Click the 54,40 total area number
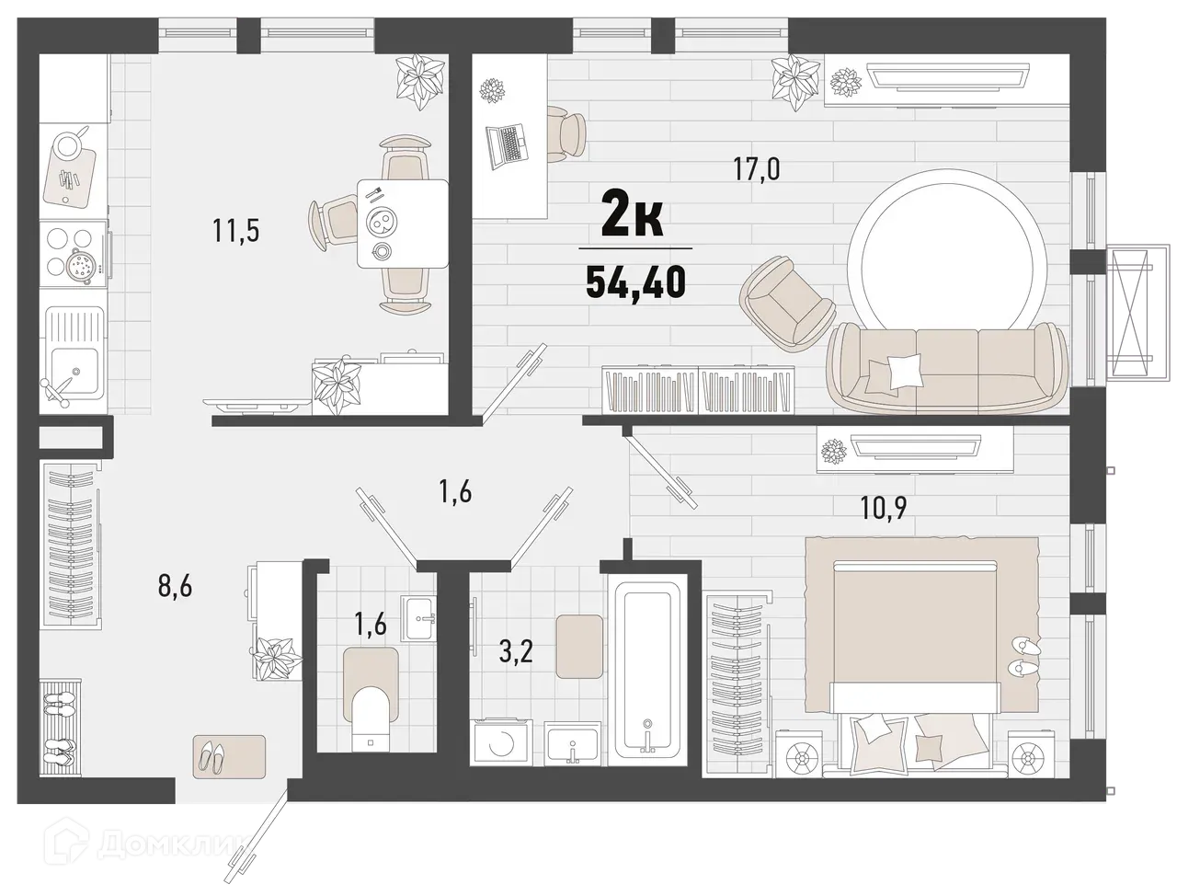coord(634,280)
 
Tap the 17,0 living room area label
coord(756,169)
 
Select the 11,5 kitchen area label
coord(236,230)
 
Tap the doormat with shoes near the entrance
coord(229,754)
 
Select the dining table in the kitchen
coord(402,224)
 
